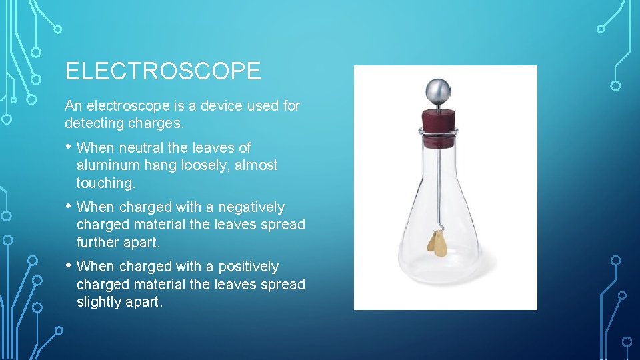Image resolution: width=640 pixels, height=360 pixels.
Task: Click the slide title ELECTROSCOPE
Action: pyautogui.click(x=163, y=71)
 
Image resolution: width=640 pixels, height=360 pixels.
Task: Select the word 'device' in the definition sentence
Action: pyautogui.click(x=219, y=105)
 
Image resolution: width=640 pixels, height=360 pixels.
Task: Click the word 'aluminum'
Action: pyautogui.click(x=106, y=165)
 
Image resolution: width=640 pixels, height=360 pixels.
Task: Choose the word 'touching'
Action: pyautogui.click(x=105, y=183)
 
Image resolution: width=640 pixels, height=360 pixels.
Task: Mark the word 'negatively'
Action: pyautogui.click(x=251, y=207)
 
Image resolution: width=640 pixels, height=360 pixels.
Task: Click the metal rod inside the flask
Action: pyautogui.click(x=439, y=187)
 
